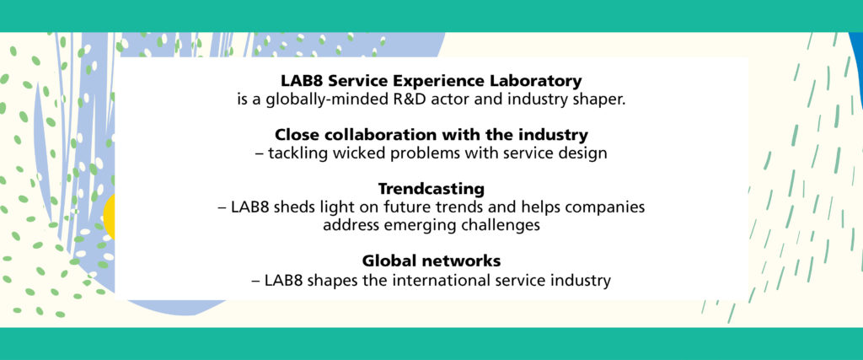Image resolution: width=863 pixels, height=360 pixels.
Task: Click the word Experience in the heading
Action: point(440,82)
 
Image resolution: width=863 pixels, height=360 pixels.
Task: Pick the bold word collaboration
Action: point(372,134)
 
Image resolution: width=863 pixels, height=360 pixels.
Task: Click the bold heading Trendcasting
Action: point(431,189)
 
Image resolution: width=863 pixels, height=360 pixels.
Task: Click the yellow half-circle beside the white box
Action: point(109,218)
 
